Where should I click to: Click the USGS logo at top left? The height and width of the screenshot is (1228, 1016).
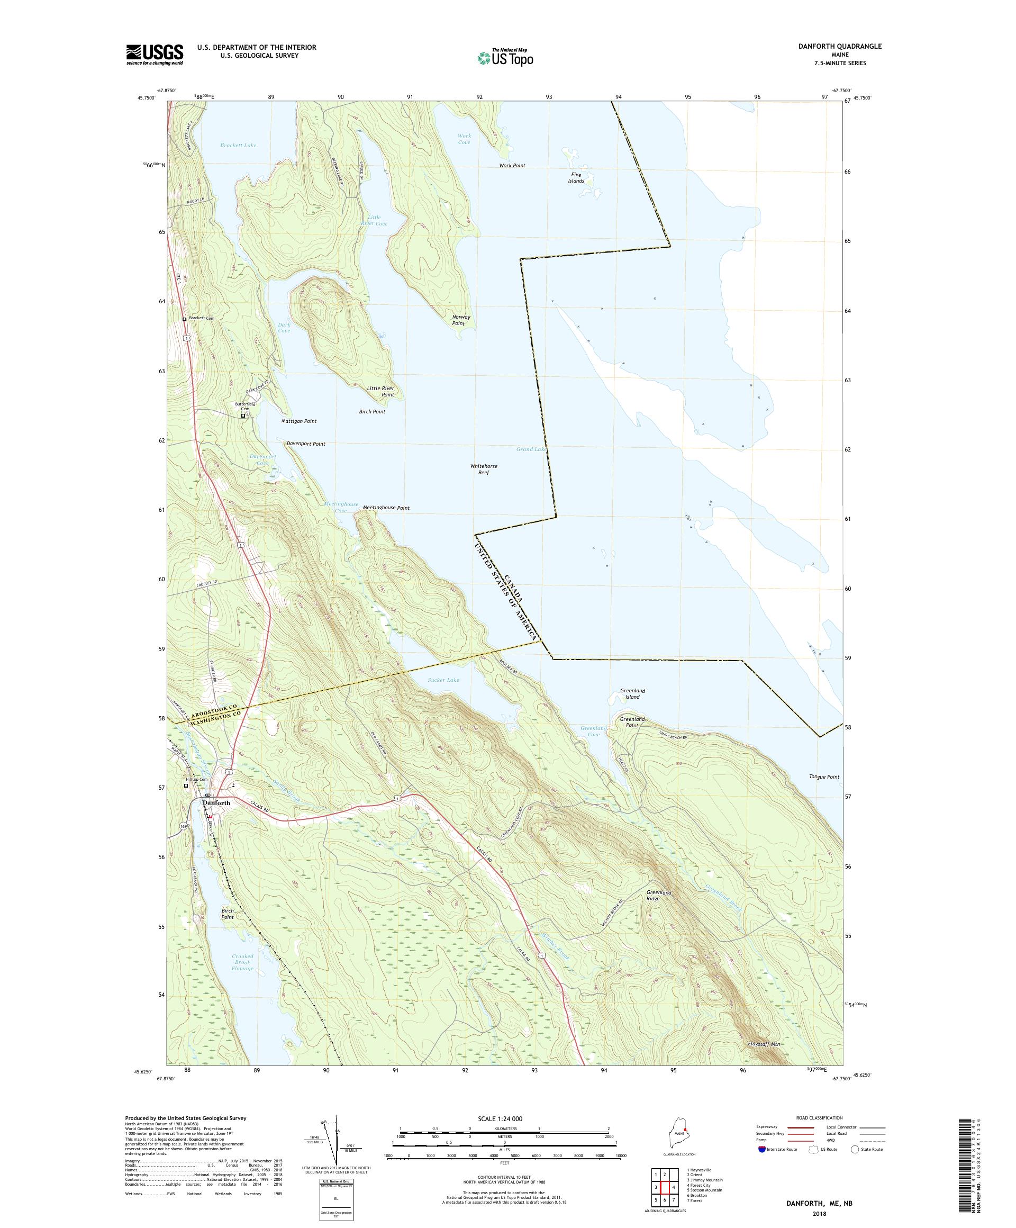(x=155, y=55)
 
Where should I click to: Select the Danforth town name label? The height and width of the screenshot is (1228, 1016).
(x=216, y=803)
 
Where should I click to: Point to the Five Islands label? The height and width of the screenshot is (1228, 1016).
(x=576, y=178)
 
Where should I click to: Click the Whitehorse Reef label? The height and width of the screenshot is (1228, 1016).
(x=484, y=469)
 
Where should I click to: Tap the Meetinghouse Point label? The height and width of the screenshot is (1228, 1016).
(x=386, y=508)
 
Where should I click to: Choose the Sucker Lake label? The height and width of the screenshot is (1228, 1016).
(x=443, y=680)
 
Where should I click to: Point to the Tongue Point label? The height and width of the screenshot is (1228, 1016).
(x=824, y=776)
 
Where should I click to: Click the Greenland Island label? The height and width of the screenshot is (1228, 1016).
(x=632, y=693)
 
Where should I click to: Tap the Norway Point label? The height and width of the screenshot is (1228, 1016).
(x=461, y=320)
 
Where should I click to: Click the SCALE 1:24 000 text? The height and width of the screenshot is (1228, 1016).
(x=504, y=1118)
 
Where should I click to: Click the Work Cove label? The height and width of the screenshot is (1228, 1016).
(x=464, y=139)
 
